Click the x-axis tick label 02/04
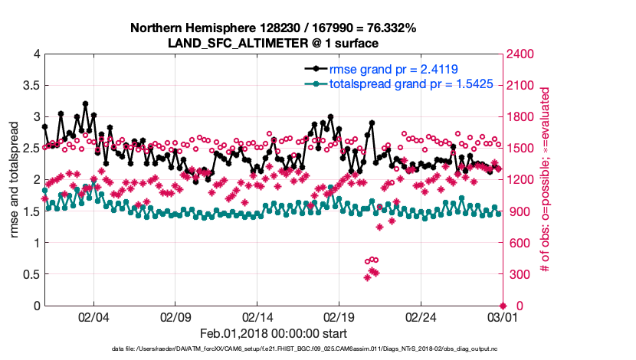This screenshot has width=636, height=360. point(93,316)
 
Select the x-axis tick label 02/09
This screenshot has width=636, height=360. point(175,316)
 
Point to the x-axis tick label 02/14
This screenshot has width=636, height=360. point(257,316)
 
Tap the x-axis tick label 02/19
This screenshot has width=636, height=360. point(339,316)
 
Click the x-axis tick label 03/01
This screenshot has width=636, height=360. point(502,316)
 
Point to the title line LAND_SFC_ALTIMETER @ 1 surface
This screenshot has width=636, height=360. point(273,43)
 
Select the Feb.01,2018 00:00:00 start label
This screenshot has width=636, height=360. point(273,333)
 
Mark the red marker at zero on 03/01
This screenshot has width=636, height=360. point(503,306)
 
